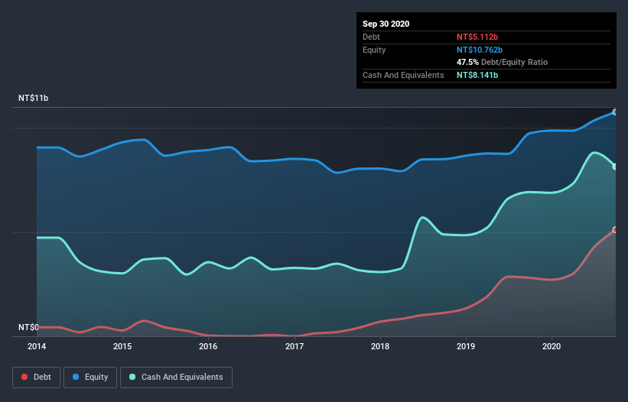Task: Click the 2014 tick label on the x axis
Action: click(37, 346)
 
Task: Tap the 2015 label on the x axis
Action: click(122, 346)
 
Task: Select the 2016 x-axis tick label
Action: click(208, 346)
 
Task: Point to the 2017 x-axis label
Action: click(294, 346)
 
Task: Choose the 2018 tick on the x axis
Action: click(379, 346)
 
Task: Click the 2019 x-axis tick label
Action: click(465, 346)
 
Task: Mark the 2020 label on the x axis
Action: click(551, 346)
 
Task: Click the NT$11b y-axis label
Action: click(33, 99)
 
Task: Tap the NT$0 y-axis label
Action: click(28, 327)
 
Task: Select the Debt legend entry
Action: click(35, 377)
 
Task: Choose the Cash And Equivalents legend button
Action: click(176, 377)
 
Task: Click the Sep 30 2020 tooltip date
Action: click(386, 24)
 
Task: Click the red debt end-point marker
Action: click(614, 229)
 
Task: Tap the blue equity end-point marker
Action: click(614, 112)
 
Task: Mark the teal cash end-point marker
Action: click(614, 166)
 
